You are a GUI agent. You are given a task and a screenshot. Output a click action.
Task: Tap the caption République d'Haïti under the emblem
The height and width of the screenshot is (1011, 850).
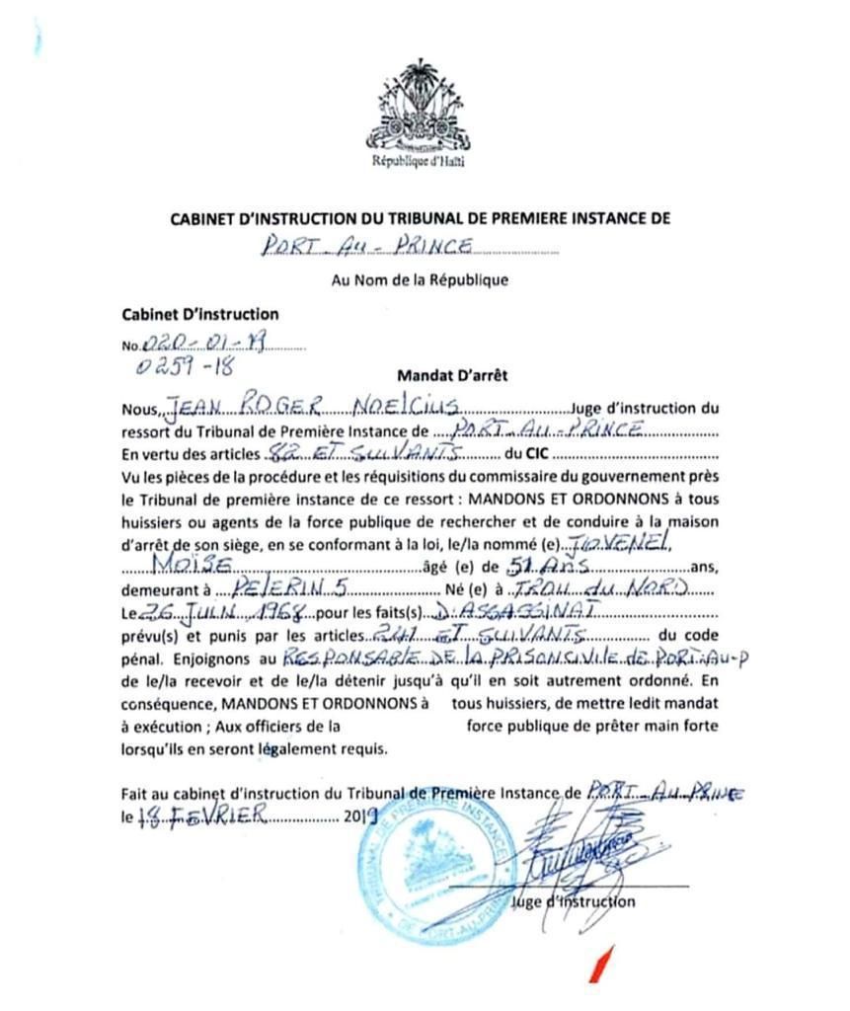point(418,160)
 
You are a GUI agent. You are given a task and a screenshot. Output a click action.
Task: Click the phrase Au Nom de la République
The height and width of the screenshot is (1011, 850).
point(420,279)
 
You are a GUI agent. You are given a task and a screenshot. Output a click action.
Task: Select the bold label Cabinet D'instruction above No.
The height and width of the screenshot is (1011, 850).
point(199,314)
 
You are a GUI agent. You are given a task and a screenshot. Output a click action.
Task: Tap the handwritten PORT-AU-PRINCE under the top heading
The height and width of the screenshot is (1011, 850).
point(367,247)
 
